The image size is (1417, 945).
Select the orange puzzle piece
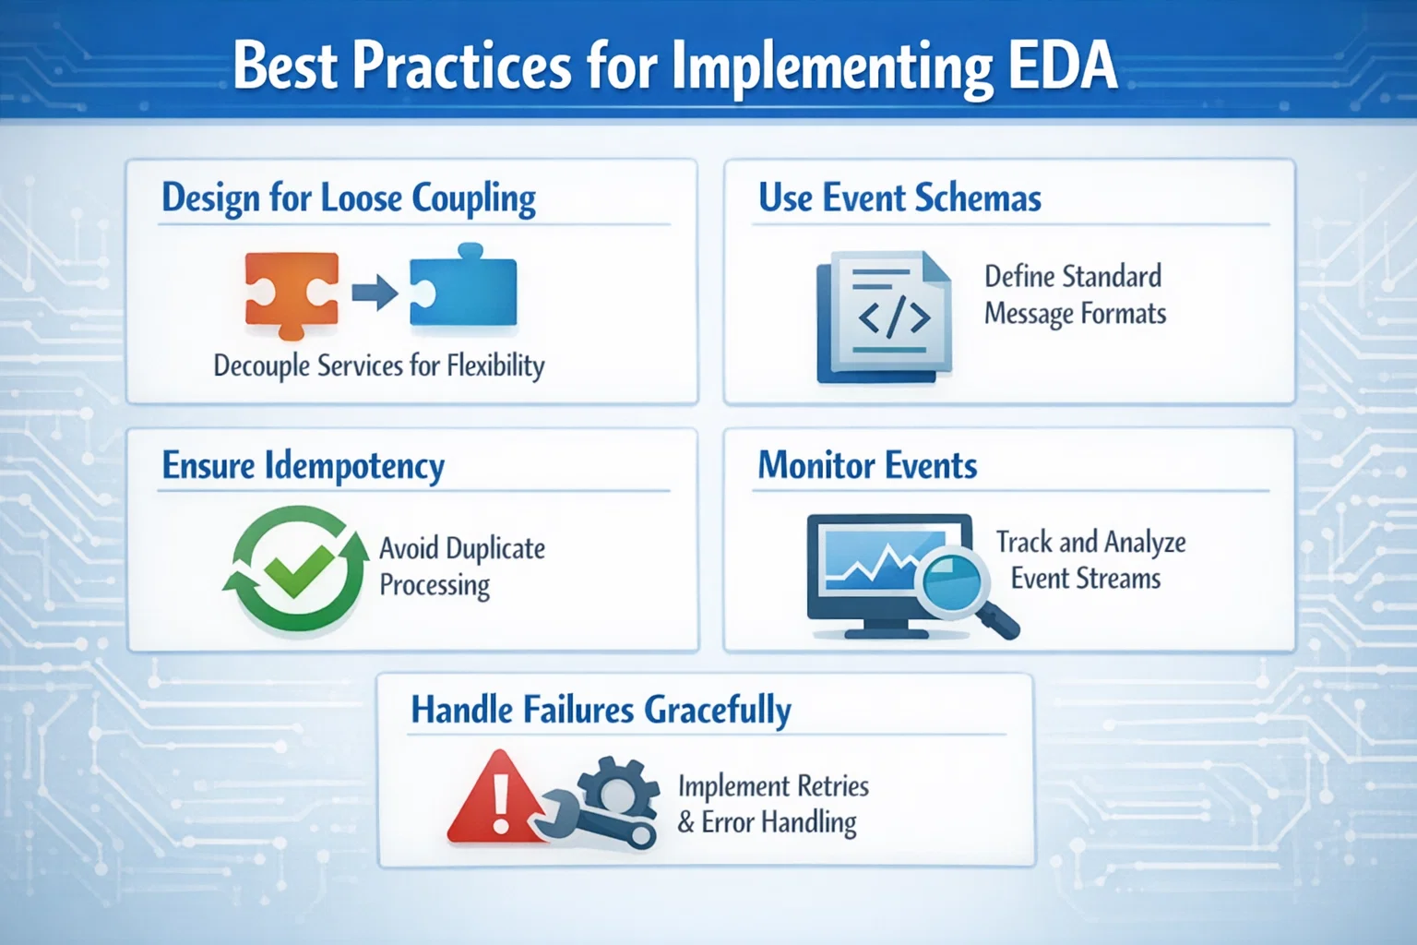coord(291,293)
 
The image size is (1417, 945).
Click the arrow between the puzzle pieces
coord(374,294)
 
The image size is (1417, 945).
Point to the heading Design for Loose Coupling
coord(349,198)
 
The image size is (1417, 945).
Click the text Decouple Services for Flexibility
coord(378,366)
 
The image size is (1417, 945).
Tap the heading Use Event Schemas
coord(899,198)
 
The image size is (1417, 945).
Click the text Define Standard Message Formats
coord(1075,295)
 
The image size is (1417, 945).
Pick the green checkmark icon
coord(297,568)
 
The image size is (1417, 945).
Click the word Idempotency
coord(354,466)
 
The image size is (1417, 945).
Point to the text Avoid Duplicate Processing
coord(461,567)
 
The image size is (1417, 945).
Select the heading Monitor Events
coord(867,466)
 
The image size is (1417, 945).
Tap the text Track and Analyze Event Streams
coord(1090,560)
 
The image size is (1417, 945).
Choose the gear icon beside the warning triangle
coord(616,790)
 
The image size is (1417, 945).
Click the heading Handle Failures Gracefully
coord(601,711)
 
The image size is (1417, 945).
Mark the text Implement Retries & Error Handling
coord(773,804)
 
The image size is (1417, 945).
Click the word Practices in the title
coord(461,66)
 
